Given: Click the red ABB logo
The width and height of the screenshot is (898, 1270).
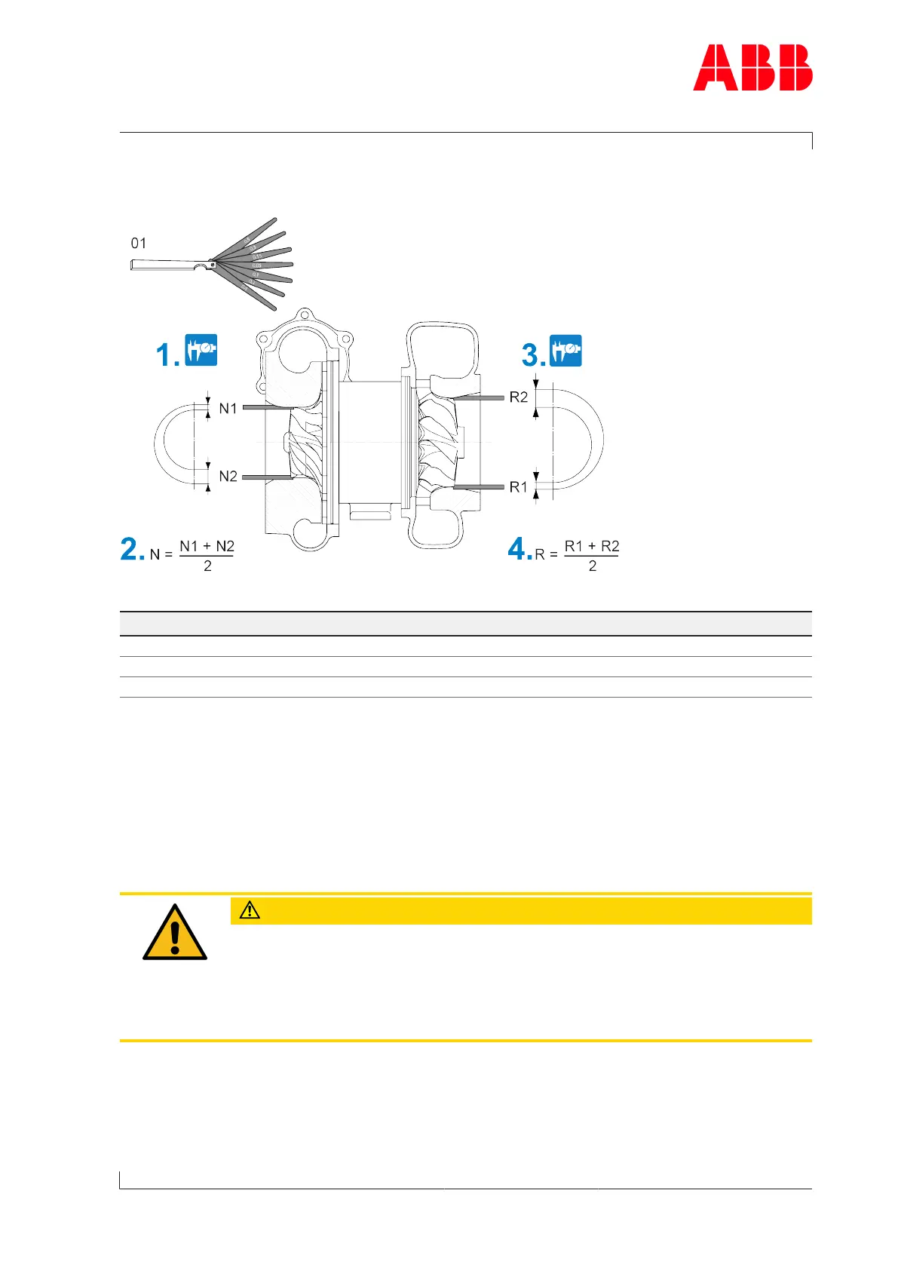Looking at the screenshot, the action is click(752, 68).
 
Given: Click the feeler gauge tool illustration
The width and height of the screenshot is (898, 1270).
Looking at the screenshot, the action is click(226, 265).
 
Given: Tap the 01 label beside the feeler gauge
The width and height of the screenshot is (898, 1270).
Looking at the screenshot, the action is click(139, 244).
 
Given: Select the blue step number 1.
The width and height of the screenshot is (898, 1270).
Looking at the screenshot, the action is click(166, 354).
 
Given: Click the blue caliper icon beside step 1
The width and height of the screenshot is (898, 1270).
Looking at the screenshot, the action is click(201, 350).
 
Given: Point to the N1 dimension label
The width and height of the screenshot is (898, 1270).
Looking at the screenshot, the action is click(228, 409).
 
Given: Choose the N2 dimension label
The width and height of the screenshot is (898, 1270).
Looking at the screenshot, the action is click(228, 477).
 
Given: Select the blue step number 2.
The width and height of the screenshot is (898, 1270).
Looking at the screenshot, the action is click(131, 549).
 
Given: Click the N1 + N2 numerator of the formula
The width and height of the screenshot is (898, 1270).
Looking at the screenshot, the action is click(207, 547).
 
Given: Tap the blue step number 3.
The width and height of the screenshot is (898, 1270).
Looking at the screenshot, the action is click(532, 354).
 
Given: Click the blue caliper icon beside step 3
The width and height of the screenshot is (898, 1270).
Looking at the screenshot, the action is click(565, 350).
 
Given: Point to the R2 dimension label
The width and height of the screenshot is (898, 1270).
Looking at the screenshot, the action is click(519, 397).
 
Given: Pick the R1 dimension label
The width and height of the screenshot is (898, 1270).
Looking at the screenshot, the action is click(519, 488).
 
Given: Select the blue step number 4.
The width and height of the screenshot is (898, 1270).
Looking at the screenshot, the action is click(519, 549).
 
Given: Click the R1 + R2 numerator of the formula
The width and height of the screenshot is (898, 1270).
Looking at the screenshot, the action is click(592, 547).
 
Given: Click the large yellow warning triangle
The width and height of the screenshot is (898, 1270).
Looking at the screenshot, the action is click(175, 934).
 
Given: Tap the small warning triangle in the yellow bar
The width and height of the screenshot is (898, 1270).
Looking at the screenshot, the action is click(250, 910).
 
